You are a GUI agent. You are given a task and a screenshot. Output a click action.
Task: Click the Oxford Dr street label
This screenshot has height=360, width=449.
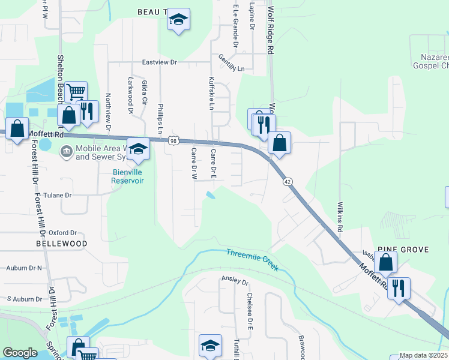pyautogui.click(x=63, y=232)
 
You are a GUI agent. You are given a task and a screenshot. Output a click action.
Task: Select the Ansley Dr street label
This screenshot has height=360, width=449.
pyautogui.click(x=235, y=280)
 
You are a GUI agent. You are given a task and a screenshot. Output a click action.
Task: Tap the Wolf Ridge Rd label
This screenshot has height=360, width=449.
pyautogui.click(x=271, y=30)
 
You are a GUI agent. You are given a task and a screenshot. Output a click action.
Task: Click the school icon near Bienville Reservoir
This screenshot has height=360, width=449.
pyautogui.click(x=138, y=149)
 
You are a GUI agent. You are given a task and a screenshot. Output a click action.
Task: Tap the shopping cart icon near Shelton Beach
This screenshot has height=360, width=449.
pyautogui.click(x=76, y=92)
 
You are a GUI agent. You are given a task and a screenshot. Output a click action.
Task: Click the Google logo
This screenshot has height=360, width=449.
pyautogui.click(x=20, y=353)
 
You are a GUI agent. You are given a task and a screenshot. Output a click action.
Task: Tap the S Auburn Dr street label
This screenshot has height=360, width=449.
pyautogui.click(x=25, y=298)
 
